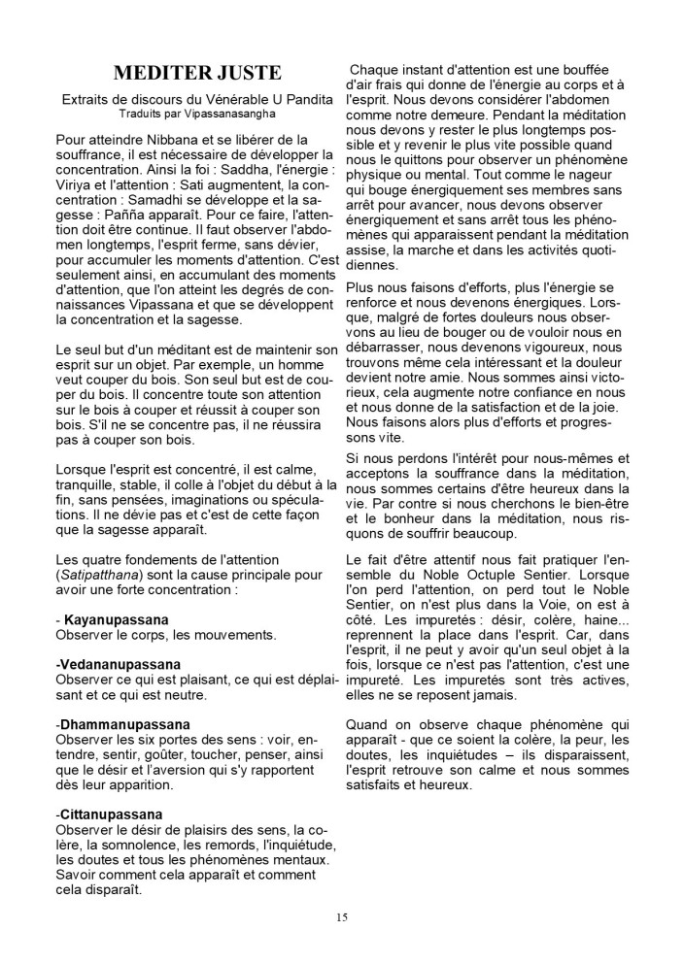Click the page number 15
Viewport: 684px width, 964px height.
[342, 916]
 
